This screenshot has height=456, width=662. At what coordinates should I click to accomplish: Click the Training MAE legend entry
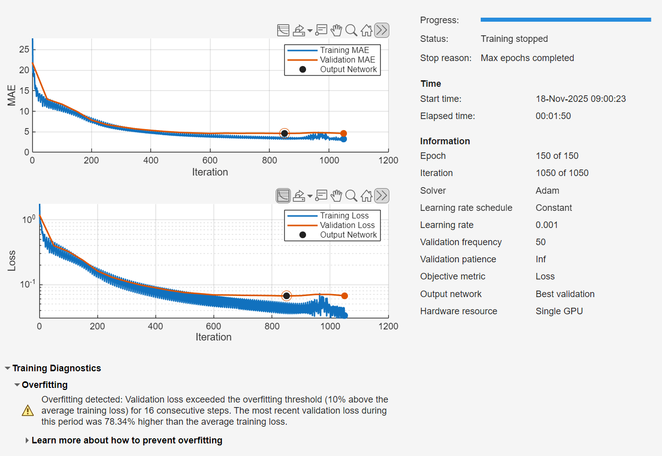tap(344, 50)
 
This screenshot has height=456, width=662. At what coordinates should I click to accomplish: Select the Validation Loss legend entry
tap(347, 225)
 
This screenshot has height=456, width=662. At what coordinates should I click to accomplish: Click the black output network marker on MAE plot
tap(284, 133)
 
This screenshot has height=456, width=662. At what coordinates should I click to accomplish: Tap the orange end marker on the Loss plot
tap(344, 296)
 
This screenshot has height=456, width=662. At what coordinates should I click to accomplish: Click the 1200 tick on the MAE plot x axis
tap(388, 160)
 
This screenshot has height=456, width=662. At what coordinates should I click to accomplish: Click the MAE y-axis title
tap(12, 95)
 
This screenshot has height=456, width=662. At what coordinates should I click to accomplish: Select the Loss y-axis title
tap(12, 261)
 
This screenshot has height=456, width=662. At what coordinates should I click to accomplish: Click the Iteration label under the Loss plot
tap(214, 337)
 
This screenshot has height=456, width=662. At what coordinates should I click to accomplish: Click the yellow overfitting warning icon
tap(28, 411)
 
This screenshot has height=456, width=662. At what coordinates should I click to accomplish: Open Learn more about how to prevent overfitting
tap(127, 440)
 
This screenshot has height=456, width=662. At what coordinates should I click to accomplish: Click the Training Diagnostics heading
tap(57, 368)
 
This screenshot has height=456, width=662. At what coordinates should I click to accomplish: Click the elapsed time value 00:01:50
tap(553, 116)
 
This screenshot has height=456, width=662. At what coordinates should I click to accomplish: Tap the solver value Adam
tap(547, 191)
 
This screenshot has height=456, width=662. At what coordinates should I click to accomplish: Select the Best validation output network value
tap(565, 294)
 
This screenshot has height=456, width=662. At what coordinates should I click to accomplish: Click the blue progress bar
tap(566, 20)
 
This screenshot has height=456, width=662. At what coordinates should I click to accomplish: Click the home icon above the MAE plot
tap(367, 30)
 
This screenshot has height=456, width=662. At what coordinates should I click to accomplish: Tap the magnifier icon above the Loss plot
tap(351, 196)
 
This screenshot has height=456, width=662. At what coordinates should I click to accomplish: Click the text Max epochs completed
tap(527, 58)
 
